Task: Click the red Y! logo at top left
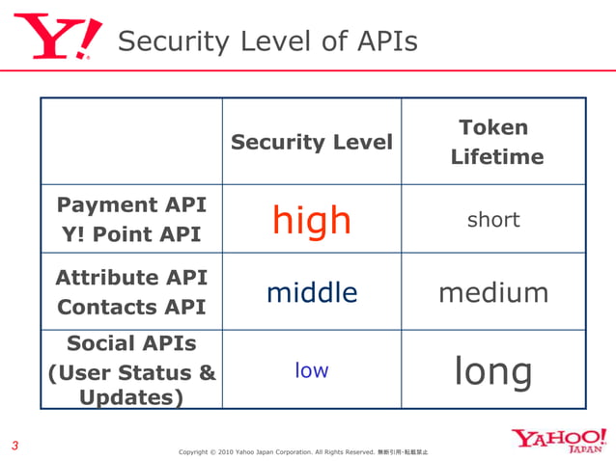(57, 38)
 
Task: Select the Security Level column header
(311, 143)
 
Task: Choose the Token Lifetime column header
(493, 142)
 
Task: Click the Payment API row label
(132, 204)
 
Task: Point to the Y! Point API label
(132, 235)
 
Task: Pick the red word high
(311, 221)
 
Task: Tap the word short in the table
(493, 220)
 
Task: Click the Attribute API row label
(131, 278)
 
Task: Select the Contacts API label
(131, 308)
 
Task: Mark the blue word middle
(311, 292)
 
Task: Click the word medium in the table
(493, 292)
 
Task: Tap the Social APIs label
(131, 344)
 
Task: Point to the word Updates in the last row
(131, 396)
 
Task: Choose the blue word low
(311, 370)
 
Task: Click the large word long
(493, 371)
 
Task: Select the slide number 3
(14, 446)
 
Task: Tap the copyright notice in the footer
(304, 451)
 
